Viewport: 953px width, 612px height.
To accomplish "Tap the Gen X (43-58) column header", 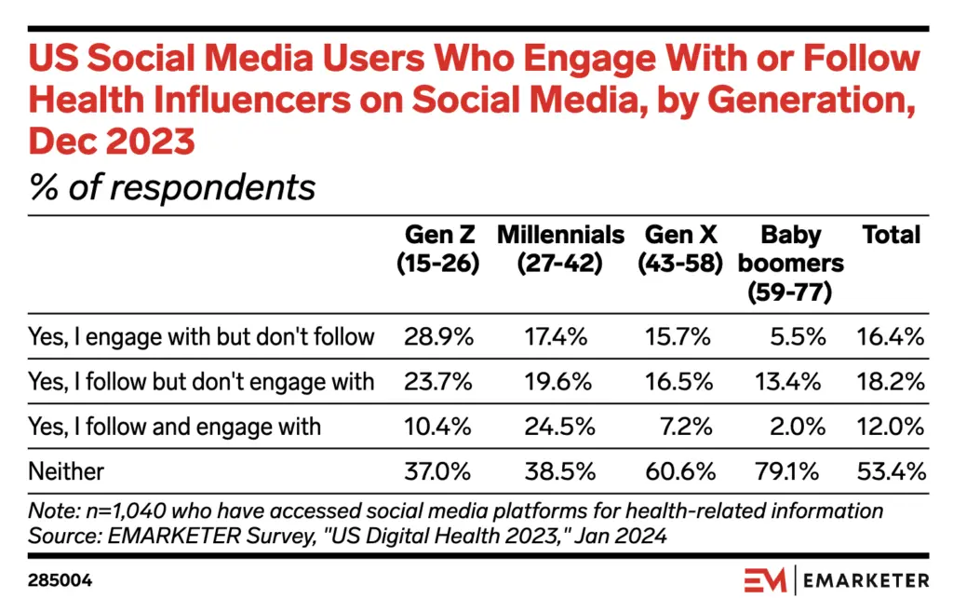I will tap(680, 249).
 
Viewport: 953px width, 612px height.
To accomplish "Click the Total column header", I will tap(891, 235).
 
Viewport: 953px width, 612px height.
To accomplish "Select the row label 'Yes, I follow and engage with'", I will tap(176, 427).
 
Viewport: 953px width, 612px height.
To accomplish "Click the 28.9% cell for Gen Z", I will tap(438, 336).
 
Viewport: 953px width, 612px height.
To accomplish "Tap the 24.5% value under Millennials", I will tap(560, 427).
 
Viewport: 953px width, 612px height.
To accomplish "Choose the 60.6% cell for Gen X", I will tap(678, 471).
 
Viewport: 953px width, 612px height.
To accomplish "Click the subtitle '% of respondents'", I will tap(173, 187).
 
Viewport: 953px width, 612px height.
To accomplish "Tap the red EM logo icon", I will tap(765, 580).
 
